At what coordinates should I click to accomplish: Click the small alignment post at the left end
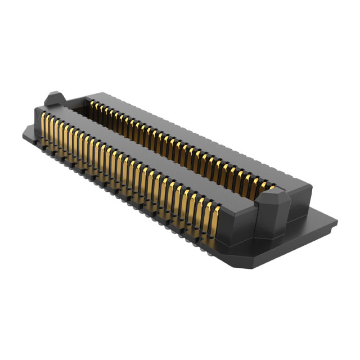pyautogui.click(x=53, y=98)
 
